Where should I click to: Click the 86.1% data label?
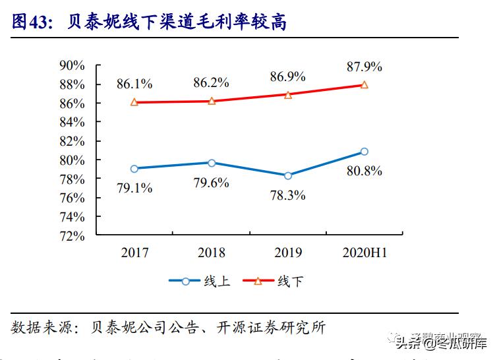pyautogui.click(x=134, y=84)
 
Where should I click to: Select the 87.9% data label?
pyautogui.click(x=365, y=67)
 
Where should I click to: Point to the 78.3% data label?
pyautogui.click(x=288, y=195)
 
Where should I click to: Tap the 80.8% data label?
pyautogui.click(x=365, y=171)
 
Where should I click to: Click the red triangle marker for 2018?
pyautogui.click(x=212, y=101)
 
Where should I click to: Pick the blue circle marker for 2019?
pyautogui.click(x=288, y=175)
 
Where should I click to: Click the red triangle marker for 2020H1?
pyautogui.click(x=365, y=85)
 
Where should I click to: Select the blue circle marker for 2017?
pyautogui.click(x=134, y=169)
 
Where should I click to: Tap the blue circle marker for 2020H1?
pyautogui.click(x=365, y=152)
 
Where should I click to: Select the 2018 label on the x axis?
pyautogui.click(x=212, y=253)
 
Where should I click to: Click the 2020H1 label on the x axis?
pyautogui.click(x=365, y=253)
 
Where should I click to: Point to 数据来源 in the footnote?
pyautogui.click(x=37, y=328)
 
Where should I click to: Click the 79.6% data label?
pyautogui.click(x=212, y=183)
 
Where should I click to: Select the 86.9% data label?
pyautogui.click(x=288, y=76)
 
